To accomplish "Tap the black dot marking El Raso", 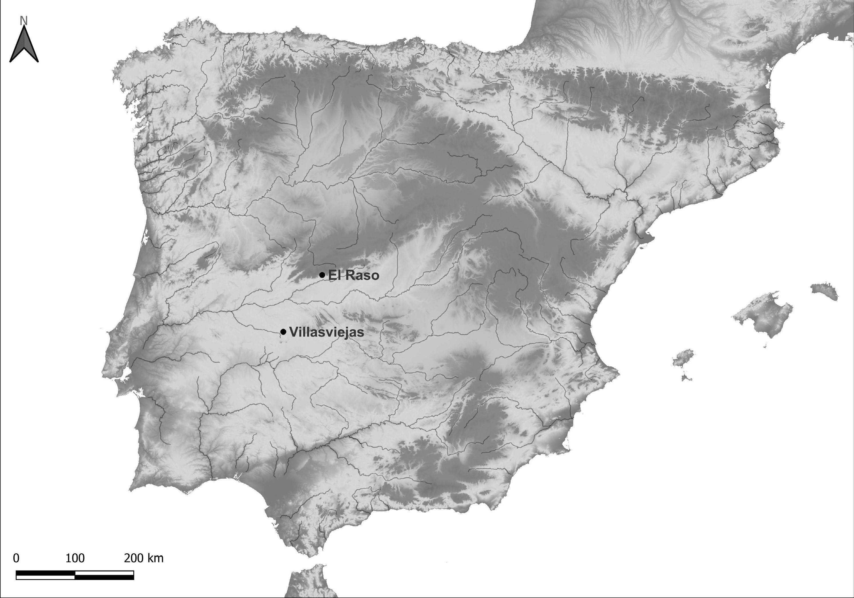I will [x=322, y=275].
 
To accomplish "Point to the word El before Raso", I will [x=335, y=275].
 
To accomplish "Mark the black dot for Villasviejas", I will [x=283, y=331].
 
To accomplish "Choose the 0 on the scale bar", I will [x=16, y=558].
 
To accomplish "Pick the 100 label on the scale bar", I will [x=75, y=558].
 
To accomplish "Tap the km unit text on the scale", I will [x=155, y=558].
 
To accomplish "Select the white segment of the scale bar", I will [x=46, y=576].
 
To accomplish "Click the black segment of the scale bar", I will [x=104, y=576].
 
